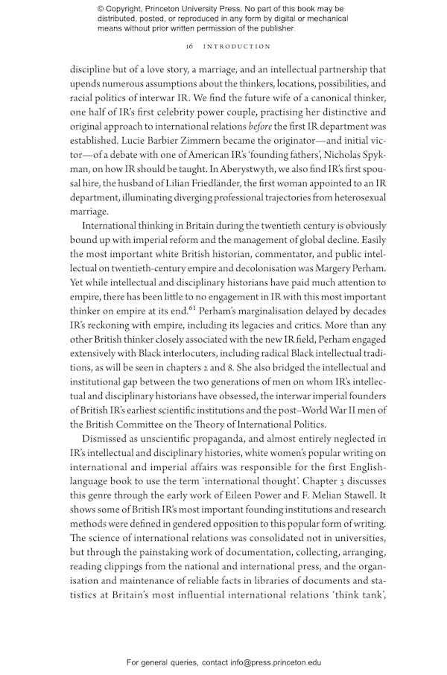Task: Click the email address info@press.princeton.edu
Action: pyautogui.click(x=276, y=662)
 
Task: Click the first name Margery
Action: pyautogui.click(x=322, y=262)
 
